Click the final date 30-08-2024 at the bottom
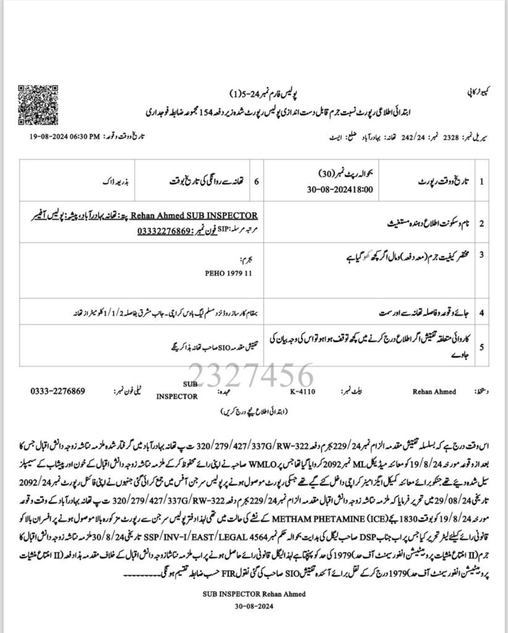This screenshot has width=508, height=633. [x=261, y=605]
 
